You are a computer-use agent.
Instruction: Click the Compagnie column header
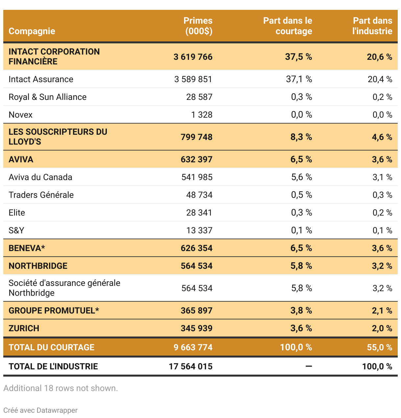tap(32, 31)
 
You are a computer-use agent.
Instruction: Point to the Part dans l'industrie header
tap(372, 26)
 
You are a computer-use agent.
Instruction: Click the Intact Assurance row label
tap(41, 79)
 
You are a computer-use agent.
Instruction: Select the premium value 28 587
tap(199, 97)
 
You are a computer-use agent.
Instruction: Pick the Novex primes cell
tap(202, 115)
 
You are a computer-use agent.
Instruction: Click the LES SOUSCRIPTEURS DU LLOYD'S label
tap(58, 137)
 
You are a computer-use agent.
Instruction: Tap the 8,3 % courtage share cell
tap(301, 137)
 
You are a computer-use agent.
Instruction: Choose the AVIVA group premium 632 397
tap(197, 159)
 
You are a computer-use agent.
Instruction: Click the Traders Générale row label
tap(41, 195)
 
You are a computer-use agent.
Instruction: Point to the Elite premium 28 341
tap(199, 213)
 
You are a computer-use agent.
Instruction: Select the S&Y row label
tap(16, 230)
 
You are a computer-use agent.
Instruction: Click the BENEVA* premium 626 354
tap(197, 248)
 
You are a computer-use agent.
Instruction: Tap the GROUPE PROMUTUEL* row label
tap(54, 311)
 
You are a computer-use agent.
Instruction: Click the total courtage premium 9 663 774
tap(193, 347)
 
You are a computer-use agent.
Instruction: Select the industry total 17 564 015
tap(191, 366)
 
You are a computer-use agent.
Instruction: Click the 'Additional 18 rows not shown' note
tap(61, 388)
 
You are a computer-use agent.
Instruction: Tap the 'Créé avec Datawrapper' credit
tap(41, 410)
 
